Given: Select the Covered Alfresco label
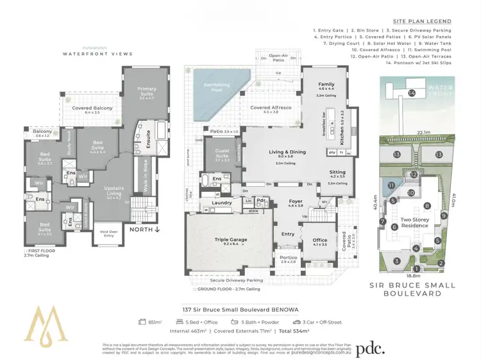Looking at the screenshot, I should point(269,108).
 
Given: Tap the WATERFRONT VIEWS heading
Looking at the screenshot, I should point(97,54).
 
